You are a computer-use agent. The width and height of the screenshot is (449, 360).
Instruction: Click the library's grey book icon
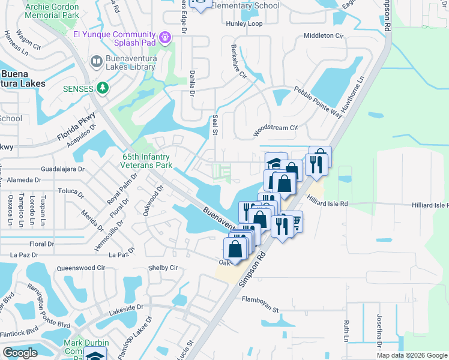(x=95, y=61)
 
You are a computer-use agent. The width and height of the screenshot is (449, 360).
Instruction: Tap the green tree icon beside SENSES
(x=103, y=88)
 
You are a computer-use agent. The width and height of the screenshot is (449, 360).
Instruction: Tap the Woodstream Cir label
(x=276, y=128)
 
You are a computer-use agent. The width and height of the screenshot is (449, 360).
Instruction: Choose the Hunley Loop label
(x=244, y=24)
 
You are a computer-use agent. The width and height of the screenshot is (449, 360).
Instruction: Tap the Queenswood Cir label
(x=80, y=268)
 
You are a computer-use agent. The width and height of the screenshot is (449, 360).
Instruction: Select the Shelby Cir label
(x=163, y=268)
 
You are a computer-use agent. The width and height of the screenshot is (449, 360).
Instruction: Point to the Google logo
(x=20, y=353)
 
